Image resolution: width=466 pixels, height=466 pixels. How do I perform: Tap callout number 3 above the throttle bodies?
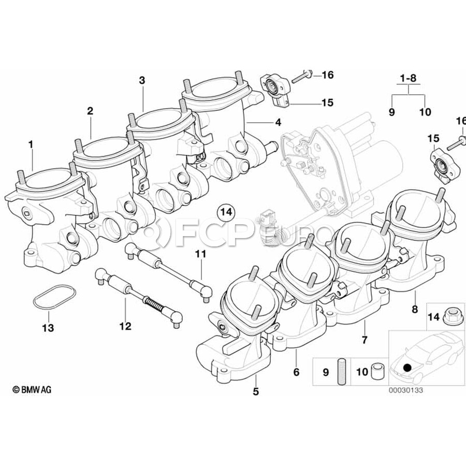point(142,80)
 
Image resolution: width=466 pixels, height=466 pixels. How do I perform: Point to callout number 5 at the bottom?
point(255,392)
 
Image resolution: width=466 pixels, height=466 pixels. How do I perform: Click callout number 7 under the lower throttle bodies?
point(364,340)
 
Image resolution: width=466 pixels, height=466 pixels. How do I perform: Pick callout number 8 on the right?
point(414,310)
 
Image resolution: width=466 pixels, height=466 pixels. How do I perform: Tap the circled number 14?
point(226,212)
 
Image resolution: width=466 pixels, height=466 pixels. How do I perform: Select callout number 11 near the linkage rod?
point(200,254)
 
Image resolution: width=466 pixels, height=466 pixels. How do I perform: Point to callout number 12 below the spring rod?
point(125,326)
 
